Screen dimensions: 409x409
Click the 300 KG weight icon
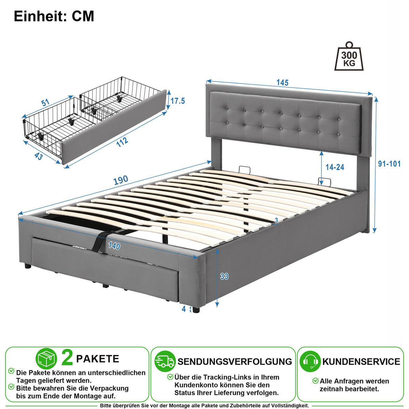click(x=349, y=57)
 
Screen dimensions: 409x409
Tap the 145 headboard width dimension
click(x=283, y=82)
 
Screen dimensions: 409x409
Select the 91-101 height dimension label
click(x=390, y=164)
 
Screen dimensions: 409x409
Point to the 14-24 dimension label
click(x=335, y=167)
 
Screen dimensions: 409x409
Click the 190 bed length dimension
click(x=121, y=180)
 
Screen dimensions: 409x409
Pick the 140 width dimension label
click(x=114, y=246)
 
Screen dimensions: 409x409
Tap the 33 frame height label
click(x=224, y=276)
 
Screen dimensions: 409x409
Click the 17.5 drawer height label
click(x=178, y=101)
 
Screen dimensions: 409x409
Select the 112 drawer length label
click(x=122, y=142)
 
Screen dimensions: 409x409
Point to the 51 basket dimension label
click(x=45, y=103)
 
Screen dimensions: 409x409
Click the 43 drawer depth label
click(x=39, y=156)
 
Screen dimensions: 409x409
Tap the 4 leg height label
click(x=184, y=309)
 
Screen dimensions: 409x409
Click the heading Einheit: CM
click(x=54, y=16)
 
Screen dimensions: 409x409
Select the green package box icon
click(x=46, y=359)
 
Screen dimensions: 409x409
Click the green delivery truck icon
click(x=165, y=361)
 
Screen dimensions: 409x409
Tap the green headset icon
click(x=310, y=361)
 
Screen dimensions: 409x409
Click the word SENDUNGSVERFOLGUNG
click(x=235, y=362)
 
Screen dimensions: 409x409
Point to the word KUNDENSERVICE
click(x=361, y=362)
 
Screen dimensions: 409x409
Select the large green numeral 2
click(x=67, y=359)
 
